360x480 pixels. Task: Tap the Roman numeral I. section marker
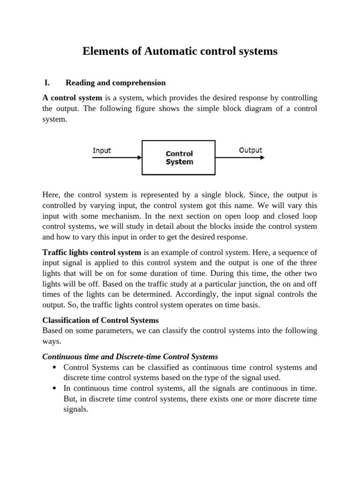click(47, 83)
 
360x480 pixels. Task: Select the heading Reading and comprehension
click(115, 83)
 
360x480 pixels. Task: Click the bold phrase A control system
click(72, 98)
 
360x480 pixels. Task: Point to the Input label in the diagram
click(102, 150)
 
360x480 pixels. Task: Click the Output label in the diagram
click(250, 150)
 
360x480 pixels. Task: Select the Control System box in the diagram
click(179, 158)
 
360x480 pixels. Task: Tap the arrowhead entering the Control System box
click(139, 158)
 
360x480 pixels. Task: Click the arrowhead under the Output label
click(262, 157)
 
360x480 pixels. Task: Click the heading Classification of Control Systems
click(100, 321)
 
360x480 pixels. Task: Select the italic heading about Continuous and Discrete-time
click(130, 357)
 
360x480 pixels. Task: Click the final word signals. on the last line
click(76, 409)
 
